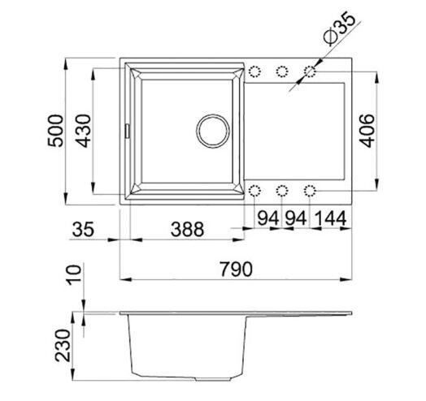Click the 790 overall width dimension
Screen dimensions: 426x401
[236, 269]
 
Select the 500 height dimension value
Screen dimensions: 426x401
[56, 131]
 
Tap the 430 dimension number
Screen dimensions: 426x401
[83, 131]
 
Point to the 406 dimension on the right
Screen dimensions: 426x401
[367, 131]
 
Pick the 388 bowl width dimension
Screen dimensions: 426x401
[187, 229]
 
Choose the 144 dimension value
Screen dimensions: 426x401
[331, 218]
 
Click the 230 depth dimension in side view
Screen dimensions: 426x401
[63, 346]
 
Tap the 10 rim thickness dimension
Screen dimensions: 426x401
[74, 275]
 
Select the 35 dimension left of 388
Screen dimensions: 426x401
[83, 229]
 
